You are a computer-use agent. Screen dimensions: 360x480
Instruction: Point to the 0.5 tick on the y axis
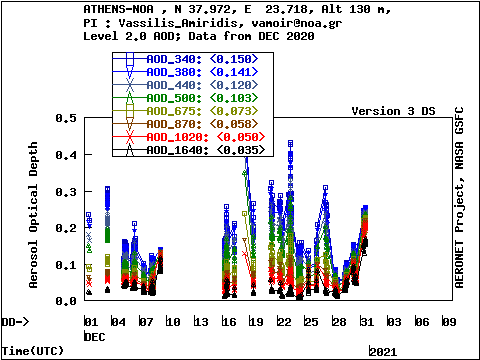66,118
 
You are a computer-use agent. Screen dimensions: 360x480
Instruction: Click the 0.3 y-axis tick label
66,191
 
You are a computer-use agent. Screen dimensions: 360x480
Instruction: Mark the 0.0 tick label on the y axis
66,301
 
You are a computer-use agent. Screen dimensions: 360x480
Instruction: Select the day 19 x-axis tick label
256,322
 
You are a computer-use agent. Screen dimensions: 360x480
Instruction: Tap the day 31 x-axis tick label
367,322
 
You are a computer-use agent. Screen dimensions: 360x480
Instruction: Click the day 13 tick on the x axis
201,322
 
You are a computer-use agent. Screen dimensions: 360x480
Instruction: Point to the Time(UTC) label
29,352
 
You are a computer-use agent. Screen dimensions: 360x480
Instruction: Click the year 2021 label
383,352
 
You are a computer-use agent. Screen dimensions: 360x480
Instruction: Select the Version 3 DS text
393,111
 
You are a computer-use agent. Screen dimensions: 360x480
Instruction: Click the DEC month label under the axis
94,337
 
